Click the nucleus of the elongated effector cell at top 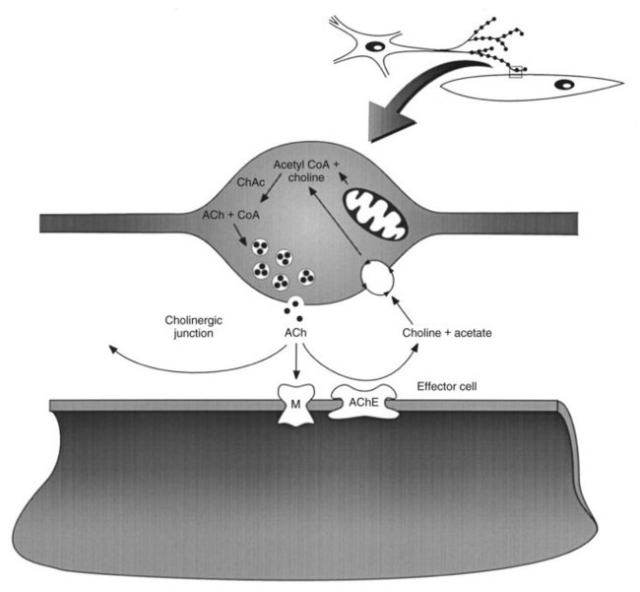pos(563,85)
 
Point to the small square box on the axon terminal pos(514,71)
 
